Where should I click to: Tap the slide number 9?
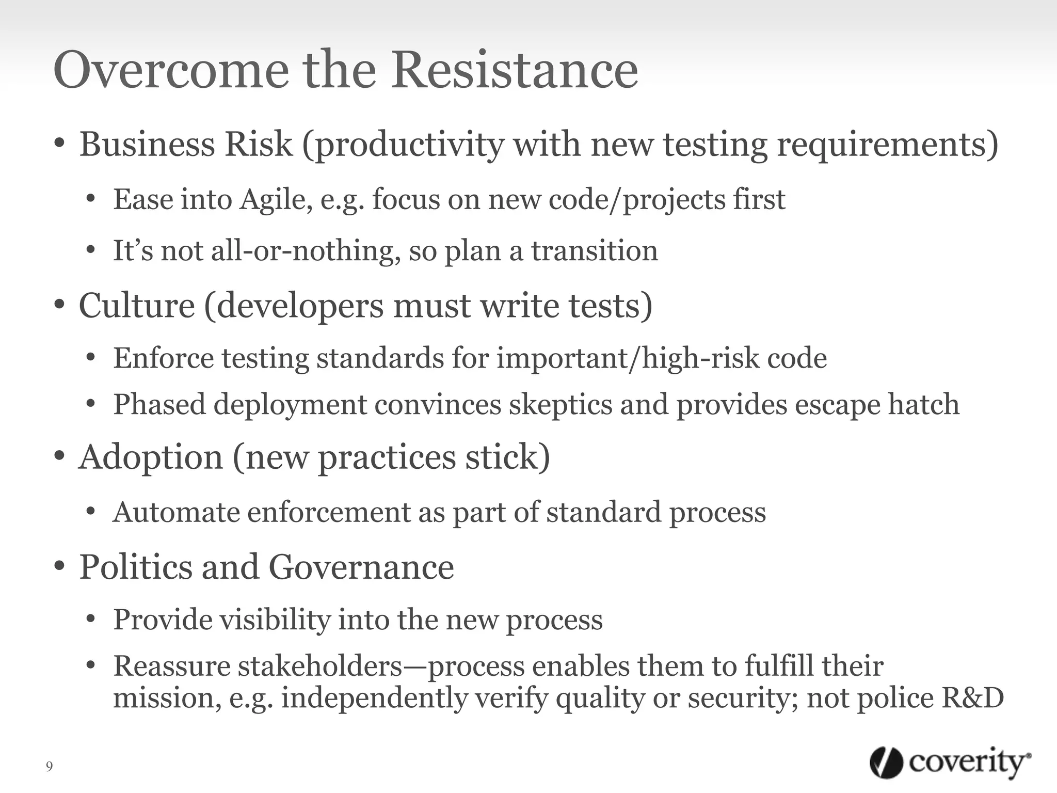click(x=49, y=767)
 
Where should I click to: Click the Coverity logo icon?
click(x=886, y=763)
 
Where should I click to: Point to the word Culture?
click(x=137, y=306)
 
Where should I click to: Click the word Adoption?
click(x=151, y=457)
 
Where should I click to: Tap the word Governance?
click(x=361, y=567)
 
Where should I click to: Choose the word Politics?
click(x=135, y=567)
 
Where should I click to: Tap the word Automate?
click(x=176, y=512)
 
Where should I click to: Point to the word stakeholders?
click(x=319, y=666)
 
